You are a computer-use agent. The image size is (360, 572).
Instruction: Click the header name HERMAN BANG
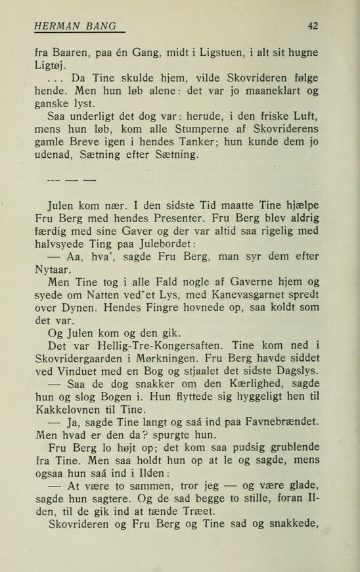click(x=74, y=26)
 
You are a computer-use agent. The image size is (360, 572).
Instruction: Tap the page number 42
click(x=313, y=26)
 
